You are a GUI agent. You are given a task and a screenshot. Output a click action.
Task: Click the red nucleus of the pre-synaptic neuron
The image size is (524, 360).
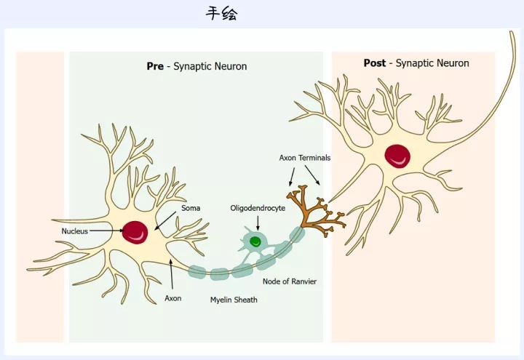(x=135, y=233)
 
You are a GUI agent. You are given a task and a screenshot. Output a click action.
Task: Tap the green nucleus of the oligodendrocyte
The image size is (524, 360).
(x=255, y=241)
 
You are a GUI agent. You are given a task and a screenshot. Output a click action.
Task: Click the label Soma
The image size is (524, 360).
(x=191, y=208)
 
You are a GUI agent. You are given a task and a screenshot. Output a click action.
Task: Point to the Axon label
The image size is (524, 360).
(x=172, y=298)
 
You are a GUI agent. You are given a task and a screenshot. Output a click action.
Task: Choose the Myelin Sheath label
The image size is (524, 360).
(x=234, y=299)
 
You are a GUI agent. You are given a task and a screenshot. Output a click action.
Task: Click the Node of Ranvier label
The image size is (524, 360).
(x=290, y=281)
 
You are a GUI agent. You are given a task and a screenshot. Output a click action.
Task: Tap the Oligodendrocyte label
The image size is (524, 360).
(x=258, y=208)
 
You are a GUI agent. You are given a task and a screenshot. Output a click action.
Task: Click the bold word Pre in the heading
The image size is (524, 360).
(x=155, y=66)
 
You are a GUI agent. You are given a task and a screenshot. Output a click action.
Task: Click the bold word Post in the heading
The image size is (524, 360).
(x=375, y=63)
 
